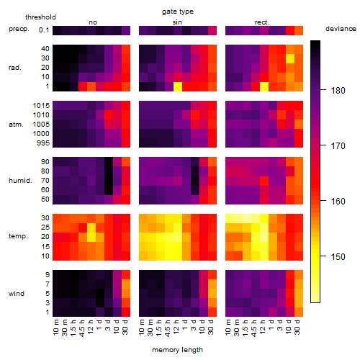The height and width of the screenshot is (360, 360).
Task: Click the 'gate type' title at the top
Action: [x=178, y=12]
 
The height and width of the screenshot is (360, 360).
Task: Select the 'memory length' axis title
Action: [x=177, y=350]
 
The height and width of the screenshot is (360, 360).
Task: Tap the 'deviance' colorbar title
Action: [x=341, y=29]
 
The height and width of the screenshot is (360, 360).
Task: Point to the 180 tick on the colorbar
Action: [x=323, y=90]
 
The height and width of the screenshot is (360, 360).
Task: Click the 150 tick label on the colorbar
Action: [x=338, y=257]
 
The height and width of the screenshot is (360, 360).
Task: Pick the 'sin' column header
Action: [x=177, y=22]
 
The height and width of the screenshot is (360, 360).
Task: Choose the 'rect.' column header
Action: [x=261, y=22]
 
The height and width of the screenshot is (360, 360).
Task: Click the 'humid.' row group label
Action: [x=20, y=181]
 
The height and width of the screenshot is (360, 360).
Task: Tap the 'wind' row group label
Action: [x=17, y=294]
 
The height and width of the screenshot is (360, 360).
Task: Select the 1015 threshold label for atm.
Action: [x=41, y=106]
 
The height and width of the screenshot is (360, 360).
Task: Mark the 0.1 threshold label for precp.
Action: [x=44, y=30]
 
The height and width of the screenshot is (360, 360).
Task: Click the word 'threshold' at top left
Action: [x=40, y=17]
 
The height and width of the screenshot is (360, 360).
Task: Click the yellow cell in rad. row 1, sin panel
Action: [x=178, y=86]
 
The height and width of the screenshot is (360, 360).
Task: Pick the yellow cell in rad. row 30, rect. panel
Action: [x=290, y=58]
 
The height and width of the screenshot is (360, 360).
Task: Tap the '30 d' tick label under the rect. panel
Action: [x=297, y=327]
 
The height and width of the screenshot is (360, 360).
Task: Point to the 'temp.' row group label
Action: [x=18, y=236]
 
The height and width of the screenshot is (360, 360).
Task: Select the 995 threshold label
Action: [x=43, y=143]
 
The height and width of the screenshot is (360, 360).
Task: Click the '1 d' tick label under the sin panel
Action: [x=185, y=325]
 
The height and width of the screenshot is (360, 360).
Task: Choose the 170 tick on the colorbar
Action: [x=323, y=145]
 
